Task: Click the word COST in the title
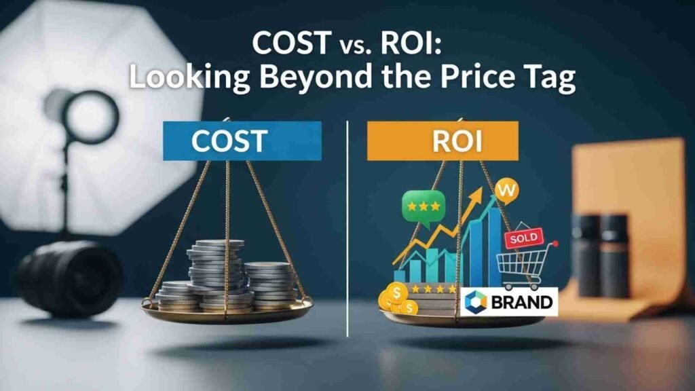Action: [x=291, y=43]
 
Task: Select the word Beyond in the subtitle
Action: [x=316, y=76]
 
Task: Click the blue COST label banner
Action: [x=242, y=141]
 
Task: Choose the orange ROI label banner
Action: [x=443, y=141]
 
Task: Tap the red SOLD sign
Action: [x=523, y=238]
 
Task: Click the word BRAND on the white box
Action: [x=522, y=302]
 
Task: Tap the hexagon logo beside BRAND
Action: [x=476, y=302]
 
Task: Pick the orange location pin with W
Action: [x=506, y=191]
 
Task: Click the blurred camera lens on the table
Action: [x=70, y=278]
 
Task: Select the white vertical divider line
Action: [x=347, y=228]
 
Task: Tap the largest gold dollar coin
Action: [x=396, y=293]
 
